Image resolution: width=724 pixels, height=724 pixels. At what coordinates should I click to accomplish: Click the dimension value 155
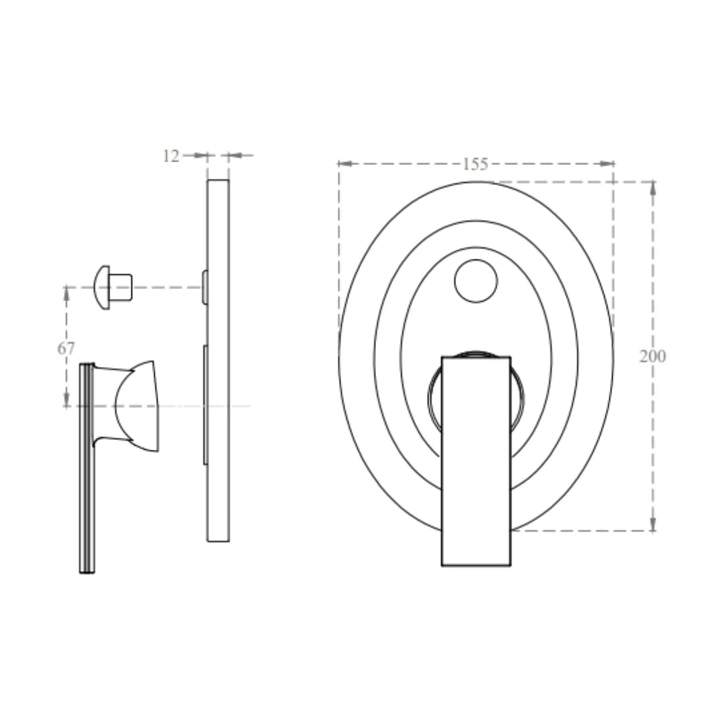[x=475, y=164]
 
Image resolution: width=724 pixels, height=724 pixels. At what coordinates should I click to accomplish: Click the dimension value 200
[x=652, y=356]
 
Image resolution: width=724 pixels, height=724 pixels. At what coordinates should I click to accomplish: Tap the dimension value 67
[x=66, y=348]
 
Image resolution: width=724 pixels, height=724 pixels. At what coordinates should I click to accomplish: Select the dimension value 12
[x=171, y=156]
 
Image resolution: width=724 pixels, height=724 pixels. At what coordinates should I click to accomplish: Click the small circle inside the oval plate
[x=476, y=281]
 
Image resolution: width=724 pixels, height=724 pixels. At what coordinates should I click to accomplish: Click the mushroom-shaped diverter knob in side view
[x=103, y=287]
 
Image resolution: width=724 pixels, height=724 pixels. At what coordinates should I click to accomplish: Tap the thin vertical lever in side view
[x=86, y=469]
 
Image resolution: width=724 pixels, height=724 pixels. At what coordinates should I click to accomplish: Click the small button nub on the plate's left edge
[x=204, y=287]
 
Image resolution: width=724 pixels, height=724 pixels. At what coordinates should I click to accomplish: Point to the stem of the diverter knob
[x=121, y=287]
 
